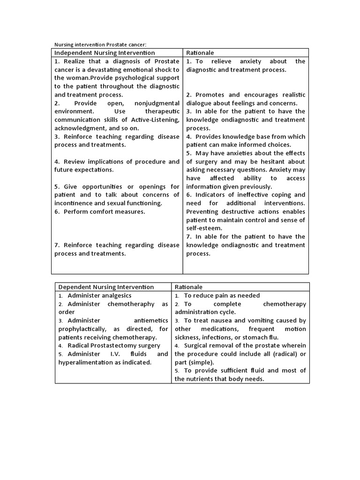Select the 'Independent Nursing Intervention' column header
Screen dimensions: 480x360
pyautogui.click(x=105, y=53)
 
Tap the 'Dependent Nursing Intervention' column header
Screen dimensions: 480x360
pyautogui.click(x=106, y=287)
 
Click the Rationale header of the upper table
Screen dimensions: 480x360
pyautogui.click(x=200, y=53)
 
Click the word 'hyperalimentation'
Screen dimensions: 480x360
pyautogui.click(x=88, y=362)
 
